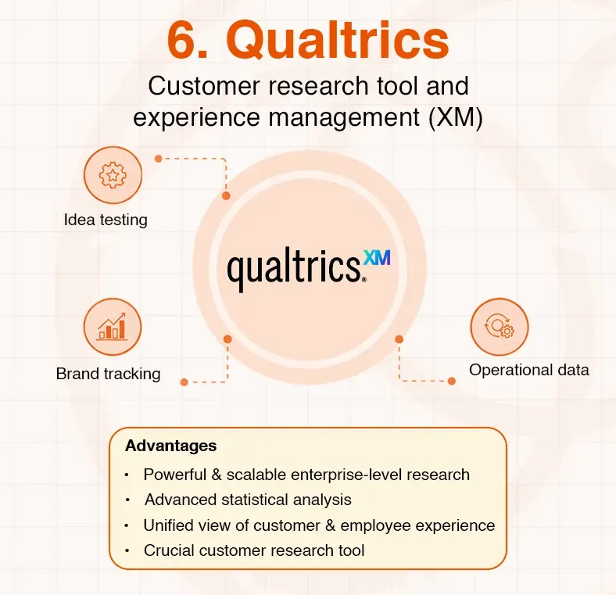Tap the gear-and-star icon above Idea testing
pos(112,176)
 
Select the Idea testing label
pos(106,220)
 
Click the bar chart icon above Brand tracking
pos(112,328)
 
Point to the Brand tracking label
pos(108,374)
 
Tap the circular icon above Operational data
pos(499,328)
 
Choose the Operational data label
pos(529,370)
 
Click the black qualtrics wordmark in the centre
pos(293,267)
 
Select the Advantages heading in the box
pos(170,446)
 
